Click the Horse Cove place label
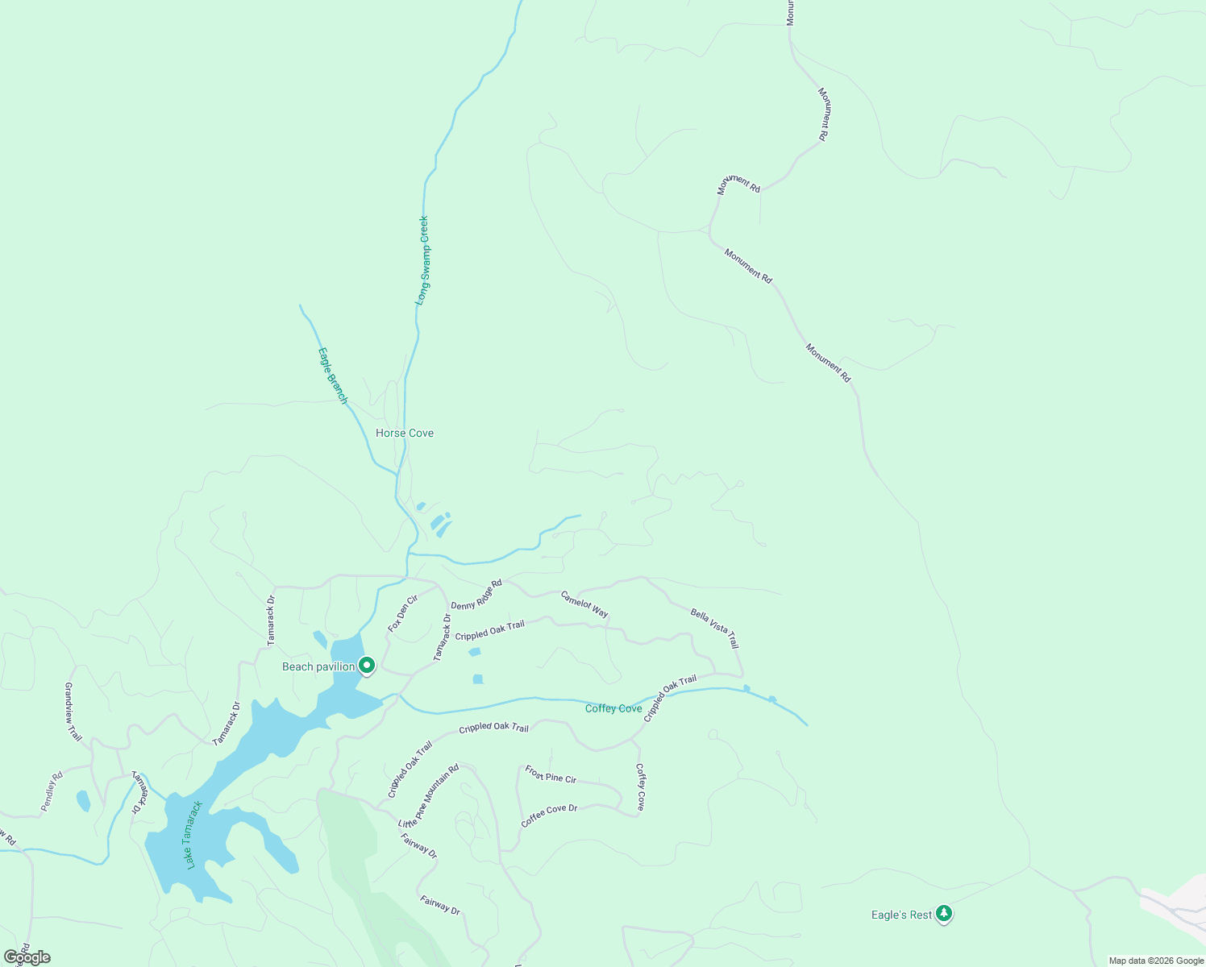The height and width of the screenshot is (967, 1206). point(405,433)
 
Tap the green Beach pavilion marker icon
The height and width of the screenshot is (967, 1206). point(367,666)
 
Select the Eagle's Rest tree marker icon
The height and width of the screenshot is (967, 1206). point(944,914)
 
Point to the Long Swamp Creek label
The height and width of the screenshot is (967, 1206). point(422,259)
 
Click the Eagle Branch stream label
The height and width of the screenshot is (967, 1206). point(332,375)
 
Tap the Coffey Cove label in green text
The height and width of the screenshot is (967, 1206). point(613,708)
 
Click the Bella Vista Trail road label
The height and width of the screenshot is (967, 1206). point(714,629)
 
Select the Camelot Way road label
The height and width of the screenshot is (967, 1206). point(584,604)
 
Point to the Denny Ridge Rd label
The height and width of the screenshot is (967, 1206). point(476,595)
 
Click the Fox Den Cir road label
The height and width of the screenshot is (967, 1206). point(403,613)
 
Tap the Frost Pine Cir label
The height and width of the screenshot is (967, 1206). point(551,774)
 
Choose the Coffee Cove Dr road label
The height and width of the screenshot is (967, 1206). point(549,816)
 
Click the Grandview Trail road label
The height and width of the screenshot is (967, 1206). point(73,712)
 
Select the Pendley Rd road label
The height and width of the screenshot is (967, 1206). point(52,792)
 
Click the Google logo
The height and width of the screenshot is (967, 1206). point(27,957)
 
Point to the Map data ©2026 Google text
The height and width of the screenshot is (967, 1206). point(1155,961)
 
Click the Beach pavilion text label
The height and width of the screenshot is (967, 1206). point(318,666)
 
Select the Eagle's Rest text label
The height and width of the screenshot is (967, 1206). point(901,915)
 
